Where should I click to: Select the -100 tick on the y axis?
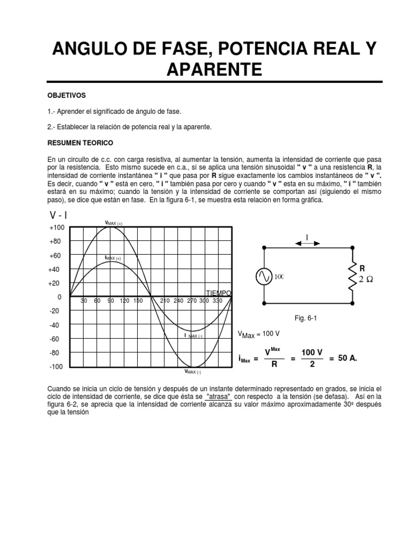(x=56, y=367)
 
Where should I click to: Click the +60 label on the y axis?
(x=56, y=256)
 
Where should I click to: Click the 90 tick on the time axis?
(x=111, y=301)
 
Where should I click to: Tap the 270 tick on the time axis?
(x=192, y=301)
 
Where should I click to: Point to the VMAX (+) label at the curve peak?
(x=114, y=223)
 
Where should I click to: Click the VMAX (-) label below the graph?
(x=192, y=371)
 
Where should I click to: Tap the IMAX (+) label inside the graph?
(x=113, y=258)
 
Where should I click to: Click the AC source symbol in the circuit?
(x=264, y=276)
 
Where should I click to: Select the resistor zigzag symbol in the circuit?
(x=352, y=276)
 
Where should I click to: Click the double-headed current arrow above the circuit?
(x=307, y=243)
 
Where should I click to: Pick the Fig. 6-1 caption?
(x=306, y=318)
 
